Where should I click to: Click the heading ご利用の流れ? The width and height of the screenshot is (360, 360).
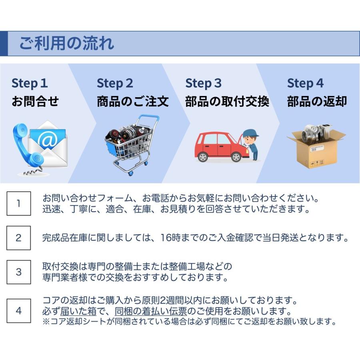66,43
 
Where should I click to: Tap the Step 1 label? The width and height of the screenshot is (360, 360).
30,83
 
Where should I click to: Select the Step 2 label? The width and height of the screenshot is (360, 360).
115,83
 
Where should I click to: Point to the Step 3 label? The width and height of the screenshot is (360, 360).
203,83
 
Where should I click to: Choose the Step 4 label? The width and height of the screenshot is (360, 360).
305,83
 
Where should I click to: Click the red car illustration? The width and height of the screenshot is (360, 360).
218,146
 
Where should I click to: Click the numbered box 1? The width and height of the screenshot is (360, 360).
18,203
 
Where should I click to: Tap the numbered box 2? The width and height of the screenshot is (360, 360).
18,238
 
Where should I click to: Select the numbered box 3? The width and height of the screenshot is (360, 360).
18,272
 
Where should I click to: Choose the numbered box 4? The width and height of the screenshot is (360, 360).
18,310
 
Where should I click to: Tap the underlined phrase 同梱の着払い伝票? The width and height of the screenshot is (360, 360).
151,311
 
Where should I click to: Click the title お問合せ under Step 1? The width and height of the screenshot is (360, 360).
35,102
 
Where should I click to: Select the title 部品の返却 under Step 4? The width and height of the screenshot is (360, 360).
317,102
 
